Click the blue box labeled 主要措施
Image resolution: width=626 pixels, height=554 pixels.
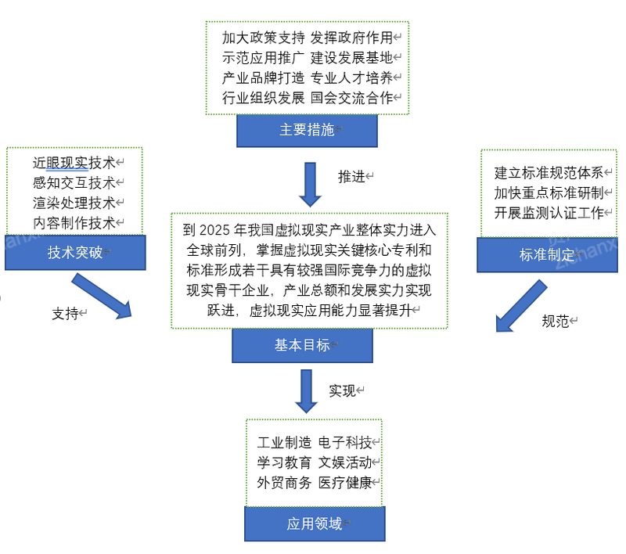pyautogui.click(x=307, y=131)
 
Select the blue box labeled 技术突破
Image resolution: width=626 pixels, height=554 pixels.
pyautogui.click(x=75, y=252)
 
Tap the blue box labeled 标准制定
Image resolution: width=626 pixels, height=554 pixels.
pyautogui.click(x=547, y=255)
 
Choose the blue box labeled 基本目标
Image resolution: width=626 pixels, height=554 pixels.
pyautogui.click(x=302, y=345)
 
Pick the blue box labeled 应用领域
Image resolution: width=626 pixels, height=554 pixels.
pyautogui.click(x=315, y=524)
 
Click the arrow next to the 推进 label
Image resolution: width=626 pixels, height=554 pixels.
pyautogui.click(x=310, y=185)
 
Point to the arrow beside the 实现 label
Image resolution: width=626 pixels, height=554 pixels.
pyautogui.click(x=307, y=391)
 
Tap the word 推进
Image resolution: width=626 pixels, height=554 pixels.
pyautogui.click(x=351, y=177)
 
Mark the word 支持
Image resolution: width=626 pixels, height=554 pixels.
pyautogui.click(x=66, y=314)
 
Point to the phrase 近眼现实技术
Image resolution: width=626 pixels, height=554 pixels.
pyautogui.click(x=74, y=163)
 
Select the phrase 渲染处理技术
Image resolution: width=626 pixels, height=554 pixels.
pyautogui.click(x=74, y=203)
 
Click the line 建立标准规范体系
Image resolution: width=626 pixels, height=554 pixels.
pyautogui.click(x=549, y=173)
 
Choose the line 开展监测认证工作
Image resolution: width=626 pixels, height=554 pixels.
pyautogui.click(x=549, y=213)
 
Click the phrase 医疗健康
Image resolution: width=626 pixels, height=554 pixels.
pyautogui.click(x=345, y=483)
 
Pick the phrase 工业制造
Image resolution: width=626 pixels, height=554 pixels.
pyautogui.click(x=284, y=443)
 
